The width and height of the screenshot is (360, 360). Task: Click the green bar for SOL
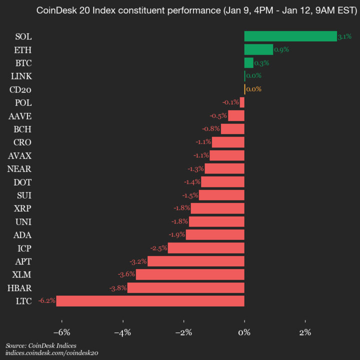tap(290, 36)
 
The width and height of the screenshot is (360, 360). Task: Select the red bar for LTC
tap(150, 301)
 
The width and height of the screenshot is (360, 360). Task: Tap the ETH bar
tap(258, 49)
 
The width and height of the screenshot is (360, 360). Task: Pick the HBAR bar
tap(185, 287)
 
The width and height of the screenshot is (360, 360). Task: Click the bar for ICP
tap(206, 248)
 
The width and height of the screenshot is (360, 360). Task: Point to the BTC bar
tap(248, 62)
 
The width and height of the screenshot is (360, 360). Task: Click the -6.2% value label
tap(46, 301)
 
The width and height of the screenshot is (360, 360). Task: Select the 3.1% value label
tap(344, 36)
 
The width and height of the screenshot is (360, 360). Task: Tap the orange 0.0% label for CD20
tap(254, 89)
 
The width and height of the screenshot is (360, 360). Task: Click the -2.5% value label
tap(158, 248)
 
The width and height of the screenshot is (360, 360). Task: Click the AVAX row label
tap(20, 155)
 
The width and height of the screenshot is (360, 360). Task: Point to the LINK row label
tap(21, 76)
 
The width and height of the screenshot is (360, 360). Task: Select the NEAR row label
tap(20, 168)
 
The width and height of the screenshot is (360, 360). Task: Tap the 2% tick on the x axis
tap(305, 332)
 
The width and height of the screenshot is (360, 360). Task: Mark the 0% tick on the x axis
tap(244, 332)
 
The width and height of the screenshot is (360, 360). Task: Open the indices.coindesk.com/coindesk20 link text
tap(51, 353)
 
